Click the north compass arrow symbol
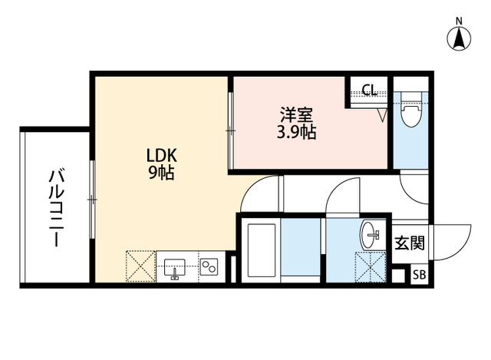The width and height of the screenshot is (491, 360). point(459,38)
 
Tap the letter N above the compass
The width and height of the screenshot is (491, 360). point(459,21)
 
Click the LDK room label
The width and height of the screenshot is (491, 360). point(162,155)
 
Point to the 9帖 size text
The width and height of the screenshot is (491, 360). point(161,172)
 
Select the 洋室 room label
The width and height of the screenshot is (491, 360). point(296,115)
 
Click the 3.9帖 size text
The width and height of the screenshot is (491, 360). point(296,132)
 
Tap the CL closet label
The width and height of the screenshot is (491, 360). point(369,91)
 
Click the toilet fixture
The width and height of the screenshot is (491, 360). point(411,110)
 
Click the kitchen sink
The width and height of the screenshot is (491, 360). point(175,268)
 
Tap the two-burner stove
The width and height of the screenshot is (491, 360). point(209,266)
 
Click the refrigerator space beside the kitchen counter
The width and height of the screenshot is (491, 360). point(140,266)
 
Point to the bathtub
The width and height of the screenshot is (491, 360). point(262,250)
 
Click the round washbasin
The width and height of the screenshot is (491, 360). point(371,235)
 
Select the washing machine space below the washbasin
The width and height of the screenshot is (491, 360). point(371,267)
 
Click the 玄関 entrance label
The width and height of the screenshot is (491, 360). point(410,243)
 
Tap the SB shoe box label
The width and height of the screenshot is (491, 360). point(420,275)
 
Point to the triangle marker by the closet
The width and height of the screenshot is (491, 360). point(382,115)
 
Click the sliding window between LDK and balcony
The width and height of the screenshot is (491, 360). point(92,200)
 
